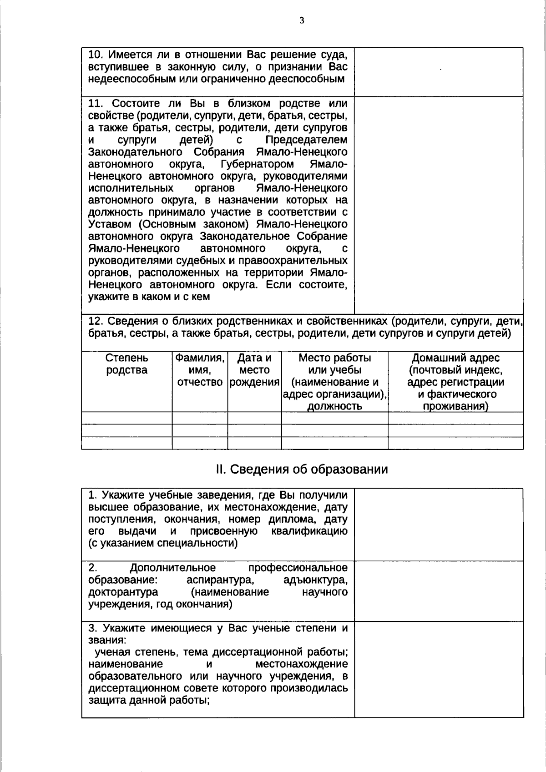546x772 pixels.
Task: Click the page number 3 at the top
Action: click(302, 20)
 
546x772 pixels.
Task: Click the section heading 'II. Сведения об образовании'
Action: click(302, 469)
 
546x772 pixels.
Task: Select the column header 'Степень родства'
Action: click(126, 364)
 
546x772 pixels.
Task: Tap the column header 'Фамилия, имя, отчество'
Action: click(200, 370)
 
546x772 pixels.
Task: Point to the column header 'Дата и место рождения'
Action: click(254, 370)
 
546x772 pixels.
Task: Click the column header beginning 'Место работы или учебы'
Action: click(334, 382)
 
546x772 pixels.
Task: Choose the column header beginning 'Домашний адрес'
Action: click(455, 382)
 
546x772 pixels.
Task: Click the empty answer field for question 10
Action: click(439, 72)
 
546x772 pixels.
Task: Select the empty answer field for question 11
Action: click(439, 205)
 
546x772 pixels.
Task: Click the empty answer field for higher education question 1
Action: click(439, 525)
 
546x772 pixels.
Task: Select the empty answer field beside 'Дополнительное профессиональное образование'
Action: click(439, 591)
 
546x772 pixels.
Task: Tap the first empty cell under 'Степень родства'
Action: click(126, 418)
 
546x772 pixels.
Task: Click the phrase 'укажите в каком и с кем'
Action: click(149, 297)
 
